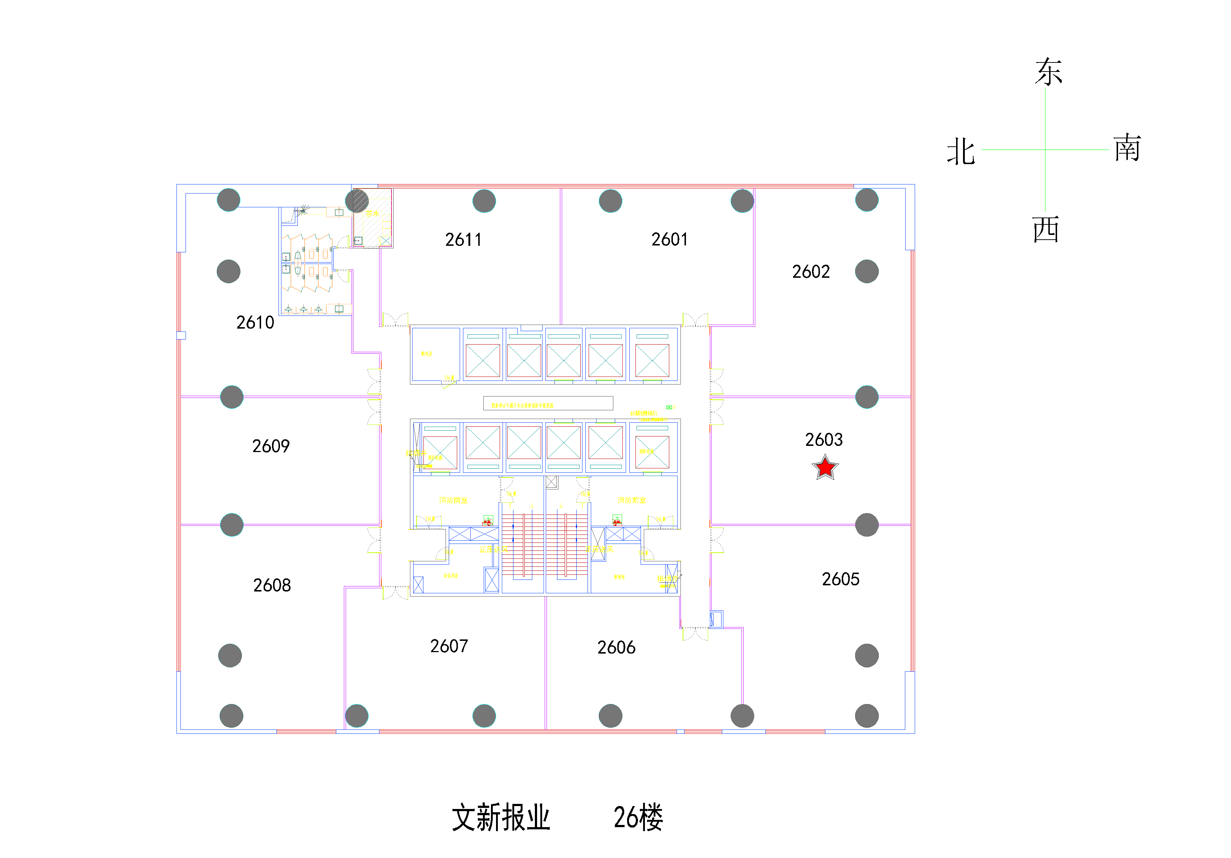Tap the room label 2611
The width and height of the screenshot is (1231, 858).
463,240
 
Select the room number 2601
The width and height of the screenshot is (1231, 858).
669,239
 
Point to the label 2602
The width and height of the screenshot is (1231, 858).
810,272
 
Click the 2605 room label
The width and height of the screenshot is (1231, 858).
840,579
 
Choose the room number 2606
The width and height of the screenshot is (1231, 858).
616,648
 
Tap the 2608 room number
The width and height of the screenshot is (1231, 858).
272,585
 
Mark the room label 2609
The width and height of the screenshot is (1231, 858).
271,446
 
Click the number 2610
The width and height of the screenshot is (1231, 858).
255,323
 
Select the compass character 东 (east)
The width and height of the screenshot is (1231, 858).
1048,72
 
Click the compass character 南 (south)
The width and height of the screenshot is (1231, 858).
1127,148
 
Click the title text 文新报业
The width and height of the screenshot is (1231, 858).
501,817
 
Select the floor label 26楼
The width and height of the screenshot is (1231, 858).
638,817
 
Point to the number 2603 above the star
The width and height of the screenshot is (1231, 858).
824,440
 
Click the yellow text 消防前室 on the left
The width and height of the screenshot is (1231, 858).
453,500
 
